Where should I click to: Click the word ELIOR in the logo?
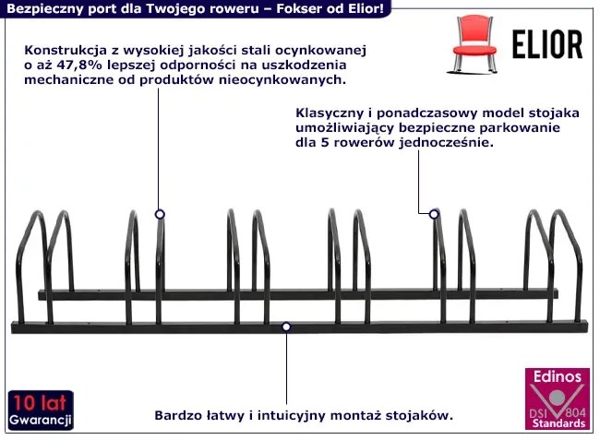546,43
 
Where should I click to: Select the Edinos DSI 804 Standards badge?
558,399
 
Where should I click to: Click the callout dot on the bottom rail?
287,327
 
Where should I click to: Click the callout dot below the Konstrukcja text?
160,214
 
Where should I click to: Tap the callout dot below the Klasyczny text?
433,214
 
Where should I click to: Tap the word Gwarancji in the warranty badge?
41,421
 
